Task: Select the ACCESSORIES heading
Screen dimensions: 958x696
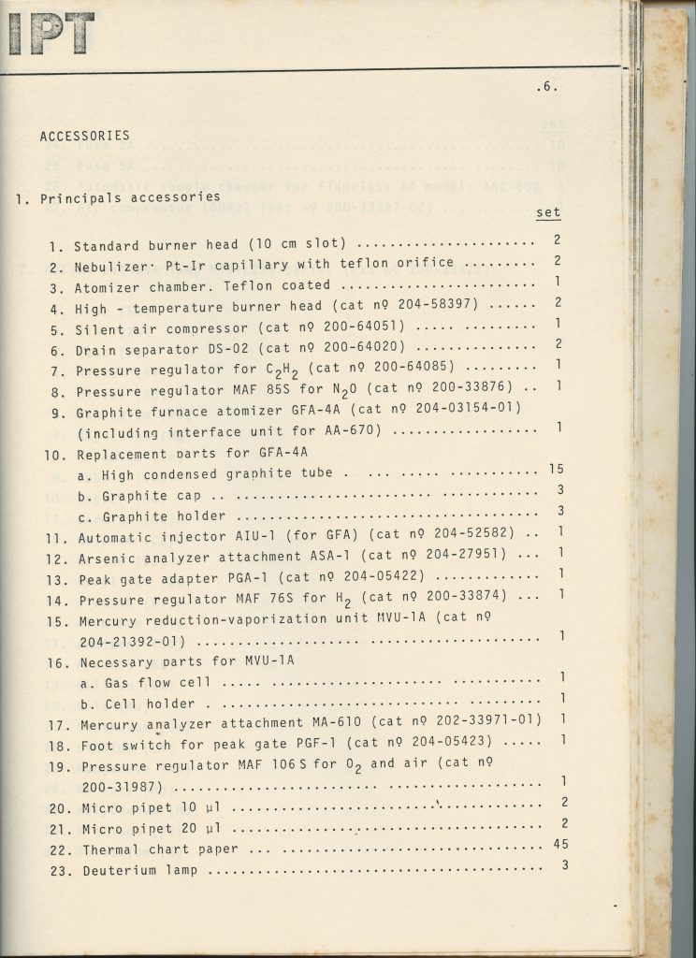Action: (x=84, y=136)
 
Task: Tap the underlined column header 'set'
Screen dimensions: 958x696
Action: (x=548, y=213)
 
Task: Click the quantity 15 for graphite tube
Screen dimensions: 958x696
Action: (x=556, y=470)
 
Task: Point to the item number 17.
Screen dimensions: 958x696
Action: (x=59, y=723)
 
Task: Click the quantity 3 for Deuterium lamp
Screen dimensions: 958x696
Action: (x=565, y=865)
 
